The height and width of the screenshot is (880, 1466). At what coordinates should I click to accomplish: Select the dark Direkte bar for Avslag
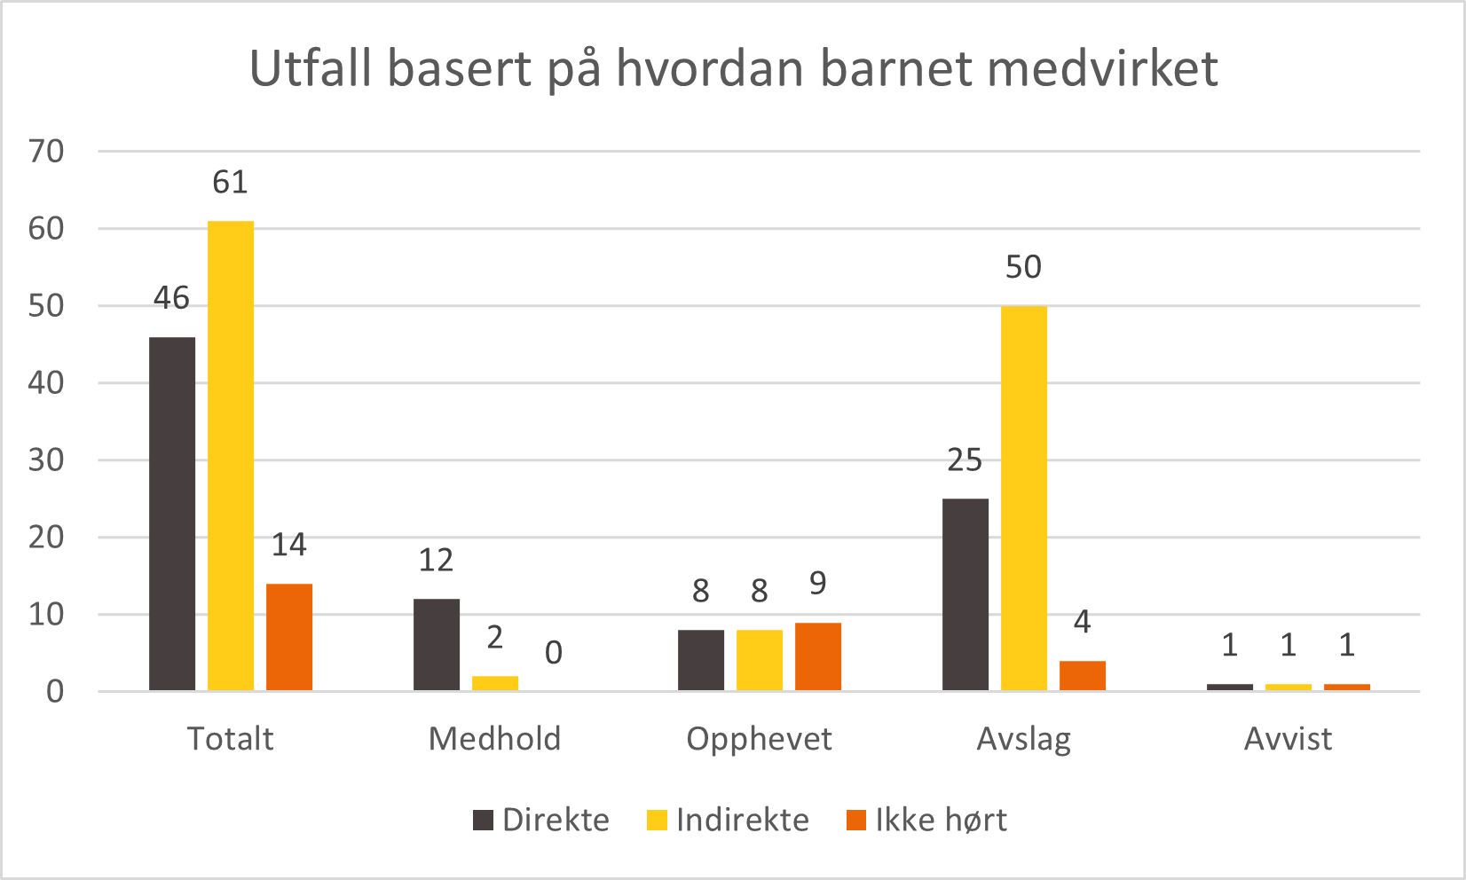point(966,594)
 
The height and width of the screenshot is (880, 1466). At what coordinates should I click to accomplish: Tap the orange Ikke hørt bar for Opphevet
point(818,656)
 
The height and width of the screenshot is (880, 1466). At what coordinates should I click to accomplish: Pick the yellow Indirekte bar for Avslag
point(1024,498)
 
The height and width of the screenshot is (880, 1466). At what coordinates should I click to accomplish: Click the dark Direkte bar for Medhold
point(437,645)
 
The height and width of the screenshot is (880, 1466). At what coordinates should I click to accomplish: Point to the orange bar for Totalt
point(289,637)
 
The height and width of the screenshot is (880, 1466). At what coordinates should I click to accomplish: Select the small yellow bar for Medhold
point(495,683)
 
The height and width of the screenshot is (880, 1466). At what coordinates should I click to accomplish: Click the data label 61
point(230,182)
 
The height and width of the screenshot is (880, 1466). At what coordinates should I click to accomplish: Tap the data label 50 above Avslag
point(1023,267)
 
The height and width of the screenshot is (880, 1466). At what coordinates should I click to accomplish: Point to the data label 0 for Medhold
point(553,653)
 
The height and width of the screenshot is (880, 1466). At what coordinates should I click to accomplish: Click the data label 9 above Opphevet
point(817,584)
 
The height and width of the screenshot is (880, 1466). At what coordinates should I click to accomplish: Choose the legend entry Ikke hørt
point(941,820)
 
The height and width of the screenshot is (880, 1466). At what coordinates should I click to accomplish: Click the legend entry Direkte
point(556,820)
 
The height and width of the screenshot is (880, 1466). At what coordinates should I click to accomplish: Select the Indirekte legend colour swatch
point(657,820)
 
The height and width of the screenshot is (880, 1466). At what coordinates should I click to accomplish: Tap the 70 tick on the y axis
point(47,152)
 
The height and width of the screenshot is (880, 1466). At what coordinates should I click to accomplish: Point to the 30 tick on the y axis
point(47,460)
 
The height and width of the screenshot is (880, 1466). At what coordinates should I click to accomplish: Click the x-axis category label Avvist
point(1288,739)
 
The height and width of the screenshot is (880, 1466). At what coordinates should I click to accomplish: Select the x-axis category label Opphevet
point(759,739)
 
